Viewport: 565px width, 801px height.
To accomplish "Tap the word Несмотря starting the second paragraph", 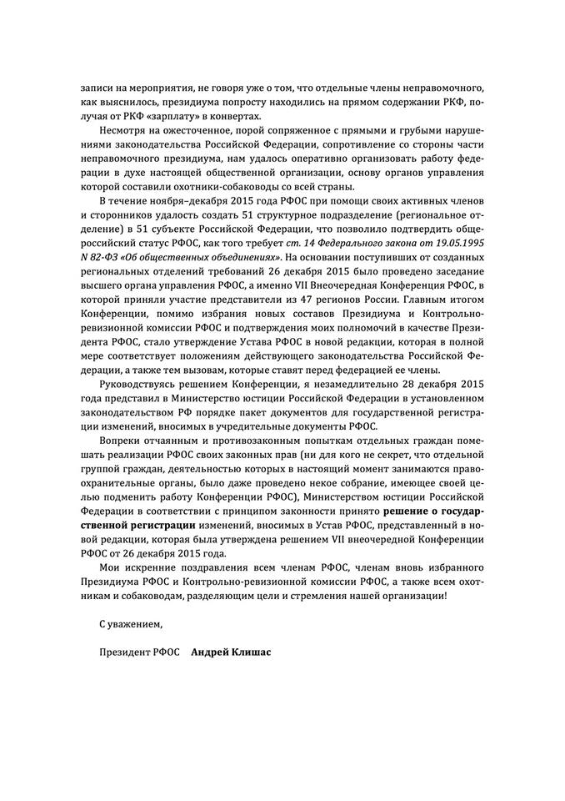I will pyautogui.click(x=123, y=132).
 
